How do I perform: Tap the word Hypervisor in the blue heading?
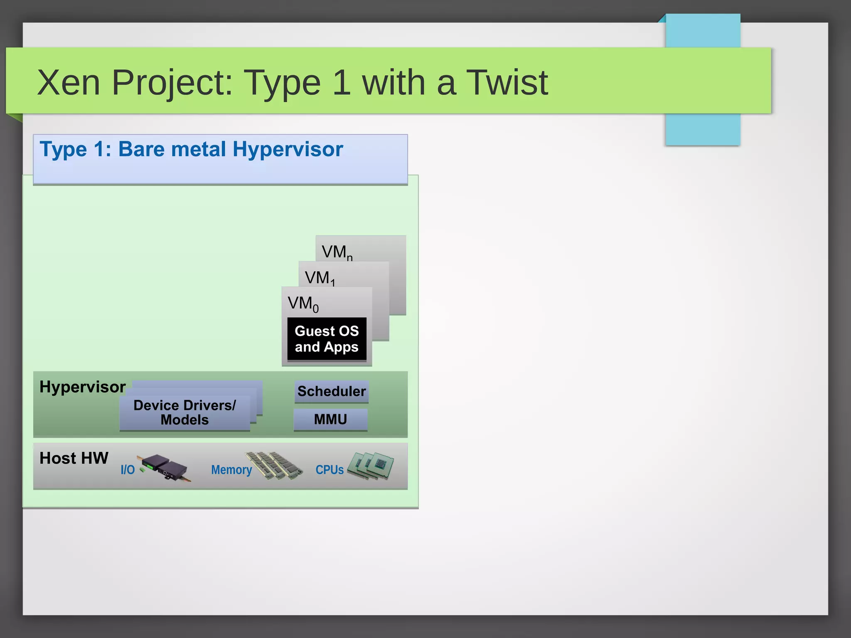click(x=288, y=149)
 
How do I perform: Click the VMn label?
click(x=337, y=252)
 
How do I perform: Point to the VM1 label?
click(x=319, y=278)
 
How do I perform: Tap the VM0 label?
click(x=303, y=304)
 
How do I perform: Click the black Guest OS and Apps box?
click(x=327, y=339)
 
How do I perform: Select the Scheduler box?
click(x=331, y=391)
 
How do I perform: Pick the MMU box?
click(x=330, y=420)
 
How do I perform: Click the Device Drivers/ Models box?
click(x=184, y=412)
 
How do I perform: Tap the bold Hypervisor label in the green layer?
click(x=82, y=387)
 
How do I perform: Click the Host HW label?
click(x=74, y=458)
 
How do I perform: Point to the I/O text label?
click(x=128, y=470)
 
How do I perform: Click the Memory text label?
click(x=231, y=470)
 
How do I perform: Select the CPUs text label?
click(x=330, y=470)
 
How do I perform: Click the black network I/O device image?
click(x=166, y=467)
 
